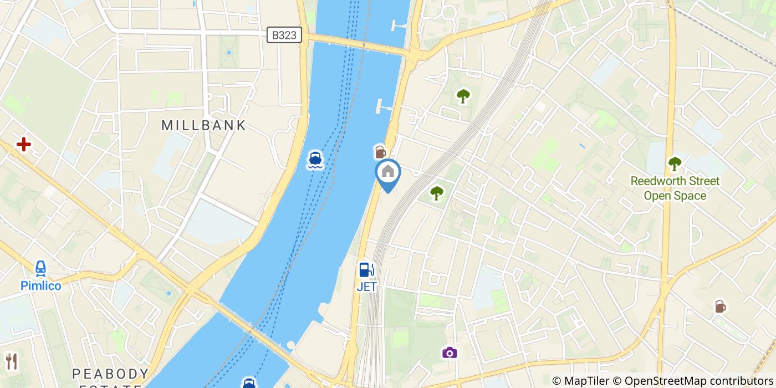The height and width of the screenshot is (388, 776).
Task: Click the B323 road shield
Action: [285, 35]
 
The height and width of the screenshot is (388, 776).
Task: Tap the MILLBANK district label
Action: [203, 125]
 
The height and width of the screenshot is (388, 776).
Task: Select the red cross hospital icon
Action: [23, 145]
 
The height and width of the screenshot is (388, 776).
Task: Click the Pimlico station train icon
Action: [40, 269]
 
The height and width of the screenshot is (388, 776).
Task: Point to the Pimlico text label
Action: [40, 285]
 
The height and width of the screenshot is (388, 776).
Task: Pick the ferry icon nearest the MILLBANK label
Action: [315, 160]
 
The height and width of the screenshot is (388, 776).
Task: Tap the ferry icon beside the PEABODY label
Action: [249, 383]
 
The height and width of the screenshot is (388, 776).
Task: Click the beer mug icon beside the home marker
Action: [380, 151]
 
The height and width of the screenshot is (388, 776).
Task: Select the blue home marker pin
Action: [388, 173]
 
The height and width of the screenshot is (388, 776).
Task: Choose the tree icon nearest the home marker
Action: [437, 193]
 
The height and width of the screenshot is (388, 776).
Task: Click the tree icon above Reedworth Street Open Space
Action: [675, 164]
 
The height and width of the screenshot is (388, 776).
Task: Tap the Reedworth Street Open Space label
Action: [675, 188]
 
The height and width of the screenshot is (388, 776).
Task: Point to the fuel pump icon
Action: [366, 269]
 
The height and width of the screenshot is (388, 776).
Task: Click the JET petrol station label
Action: [366, 287]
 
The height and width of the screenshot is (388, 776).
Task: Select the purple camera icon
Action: [450, 353]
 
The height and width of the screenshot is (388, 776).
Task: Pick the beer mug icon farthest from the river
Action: [719, 306]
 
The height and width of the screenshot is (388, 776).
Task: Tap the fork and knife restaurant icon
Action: [11, 361]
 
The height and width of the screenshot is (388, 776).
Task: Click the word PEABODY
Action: [110, 373]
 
